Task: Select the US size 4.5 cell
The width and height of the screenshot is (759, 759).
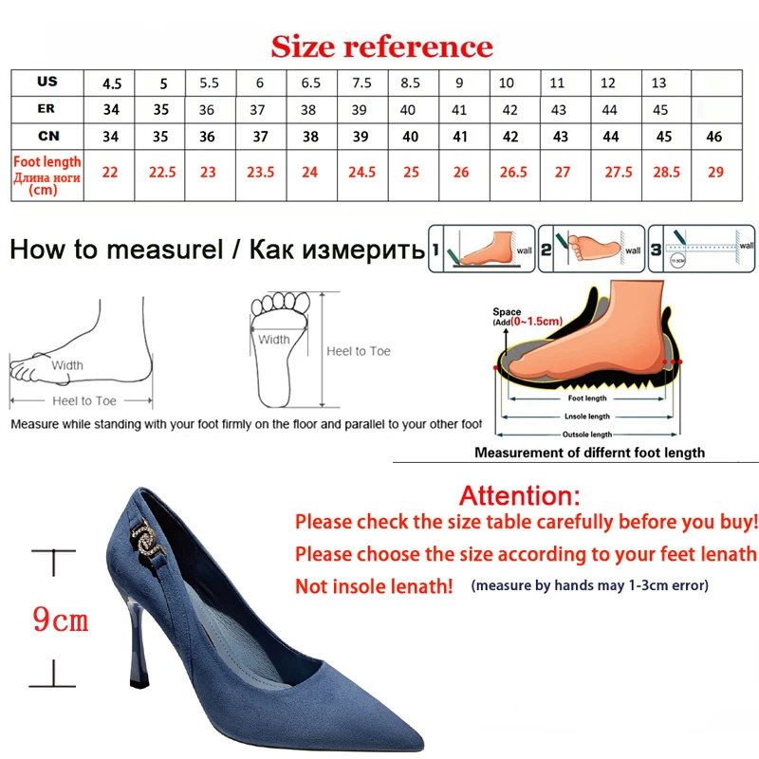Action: [111, 83]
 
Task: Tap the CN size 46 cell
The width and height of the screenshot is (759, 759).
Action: [714, 137]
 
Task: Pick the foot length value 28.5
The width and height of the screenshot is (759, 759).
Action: [667, 173]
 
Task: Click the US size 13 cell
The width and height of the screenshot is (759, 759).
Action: [658, 83]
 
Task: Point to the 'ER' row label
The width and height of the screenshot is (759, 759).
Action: [46, 109]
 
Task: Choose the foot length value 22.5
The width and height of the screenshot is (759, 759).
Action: [162, 173]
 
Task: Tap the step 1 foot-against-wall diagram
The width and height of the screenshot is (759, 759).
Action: [482, 250]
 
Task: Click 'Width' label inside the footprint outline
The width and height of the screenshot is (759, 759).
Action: [274, 339]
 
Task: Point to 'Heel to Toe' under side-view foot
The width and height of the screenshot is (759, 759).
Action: [85, 401]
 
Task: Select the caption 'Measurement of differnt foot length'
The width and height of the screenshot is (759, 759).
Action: [589, 453]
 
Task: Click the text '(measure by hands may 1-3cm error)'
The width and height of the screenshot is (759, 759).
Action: [589, 585]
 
